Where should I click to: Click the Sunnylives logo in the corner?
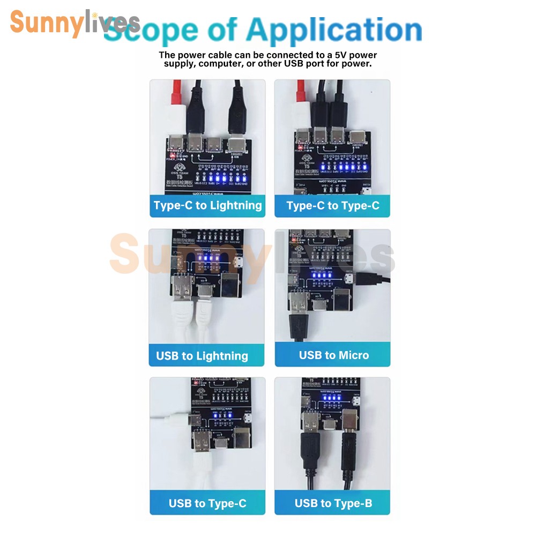74,23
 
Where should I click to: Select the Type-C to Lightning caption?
207,205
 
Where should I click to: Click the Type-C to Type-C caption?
332,206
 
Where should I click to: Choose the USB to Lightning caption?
202,356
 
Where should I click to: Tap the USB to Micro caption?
333,355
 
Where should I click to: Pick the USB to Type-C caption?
207,503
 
